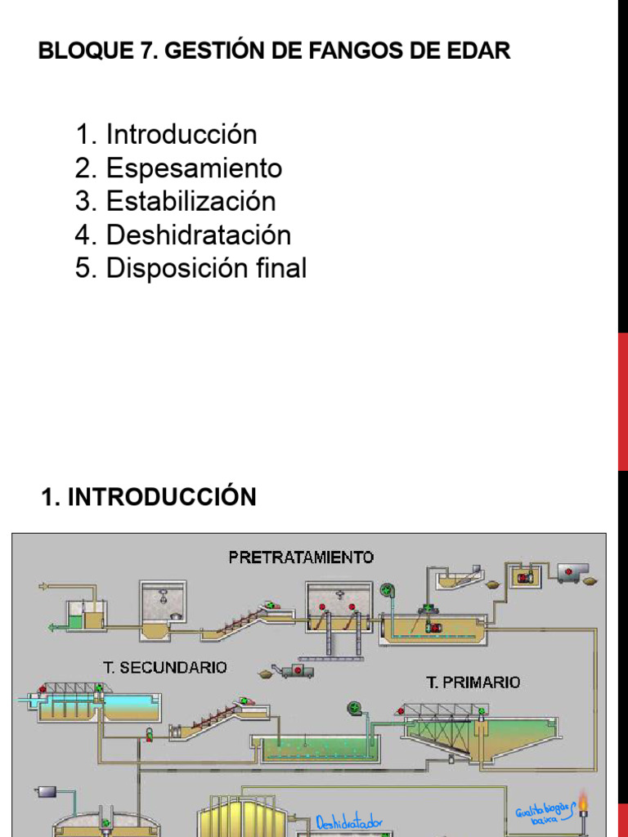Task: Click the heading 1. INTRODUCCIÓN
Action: pyautogui.click(x=148, y=496)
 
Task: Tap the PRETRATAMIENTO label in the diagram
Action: pyautogui.click(x=301, y=557)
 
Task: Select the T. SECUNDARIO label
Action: pyautogui.click(x=164, y=667)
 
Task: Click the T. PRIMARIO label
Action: pyautogui.click(x=473, y=682)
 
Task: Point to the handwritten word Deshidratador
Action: pyautogui.click(x=350, y=822)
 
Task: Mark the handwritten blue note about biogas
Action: pyautogui.click(x=541, y=814)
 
